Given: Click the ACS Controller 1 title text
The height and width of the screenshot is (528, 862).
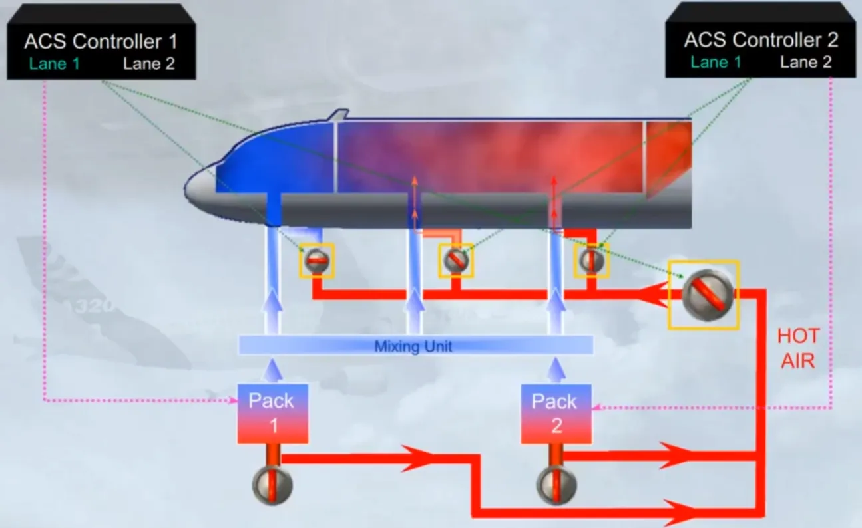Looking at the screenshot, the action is (101, 41).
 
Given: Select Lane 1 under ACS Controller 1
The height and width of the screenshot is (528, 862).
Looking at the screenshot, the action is (55, 64).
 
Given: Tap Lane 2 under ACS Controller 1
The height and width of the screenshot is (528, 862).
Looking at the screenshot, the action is (149, 64).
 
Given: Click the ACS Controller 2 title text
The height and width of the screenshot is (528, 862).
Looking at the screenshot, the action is (761, 40).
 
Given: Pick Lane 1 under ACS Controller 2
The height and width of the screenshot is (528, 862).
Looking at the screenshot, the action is (716, 63).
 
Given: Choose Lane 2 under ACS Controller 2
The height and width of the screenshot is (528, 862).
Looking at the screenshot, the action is (806, 63).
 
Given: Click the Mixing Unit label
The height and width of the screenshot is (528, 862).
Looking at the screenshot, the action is (413, 346).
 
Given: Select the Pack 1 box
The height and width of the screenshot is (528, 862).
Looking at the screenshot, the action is (273, 414).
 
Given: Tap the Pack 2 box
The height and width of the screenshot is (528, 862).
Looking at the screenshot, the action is (556, 414).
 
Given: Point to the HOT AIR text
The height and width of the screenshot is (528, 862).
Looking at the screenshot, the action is (798, 348).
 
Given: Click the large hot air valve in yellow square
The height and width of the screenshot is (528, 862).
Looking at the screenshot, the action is (708, 295).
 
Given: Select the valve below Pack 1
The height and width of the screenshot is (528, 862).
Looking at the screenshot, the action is (272, 485).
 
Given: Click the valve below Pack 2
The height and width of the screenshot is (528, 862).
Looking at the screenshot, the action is (556, 485).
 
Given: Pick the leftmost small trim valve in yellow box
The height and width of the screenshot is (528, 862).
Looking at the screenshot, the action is (317, 261).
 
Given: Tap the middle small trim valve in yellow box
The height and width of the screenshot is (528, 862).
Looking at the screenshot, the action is (456, 261).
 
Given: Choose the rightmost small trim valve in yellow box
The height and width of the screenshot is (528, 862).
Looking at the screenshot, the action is (592, 261).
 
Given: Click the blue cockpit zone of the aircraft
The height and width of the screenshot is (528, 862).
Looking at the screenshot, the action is (275, 162).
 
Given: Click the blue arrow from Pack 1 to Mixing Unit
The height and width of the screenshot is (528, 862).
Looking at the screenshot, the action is (273, 370).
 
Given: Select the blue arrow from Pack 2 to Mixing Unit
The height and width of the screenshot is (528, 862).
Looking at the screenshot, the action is (556, 370).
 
